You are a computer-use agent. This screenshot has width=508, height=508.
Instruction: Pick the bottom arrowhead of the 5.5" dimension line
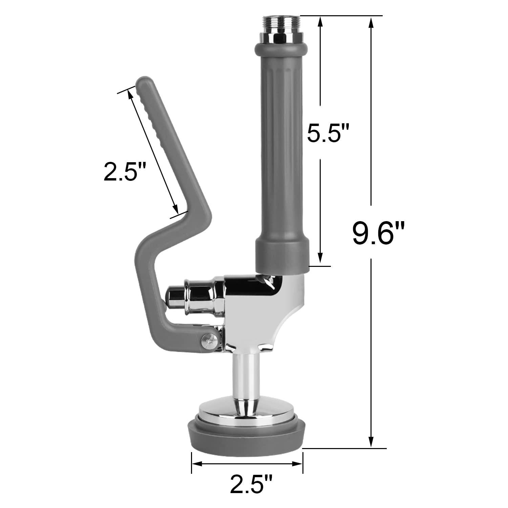click(320, 259)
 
